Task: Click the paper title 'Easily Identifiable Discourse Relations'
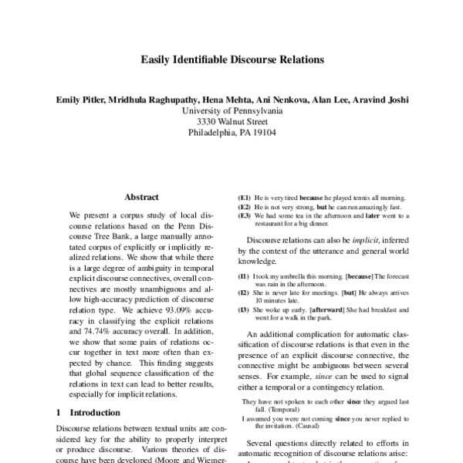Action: tap(231, 59)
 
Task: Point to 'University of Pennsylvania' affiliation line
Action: tap(231, 110)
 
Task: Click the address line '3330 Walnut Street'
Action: tap(231, 121)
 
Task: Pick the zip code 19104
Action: tap(262, 132)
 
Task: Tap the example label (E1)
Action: tap(245, 198)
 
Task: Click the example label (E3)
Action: tap(245, 217)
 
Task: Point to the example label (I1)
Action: tap(244, 276)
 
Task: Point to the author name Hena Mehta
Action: tap(233, 100)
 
